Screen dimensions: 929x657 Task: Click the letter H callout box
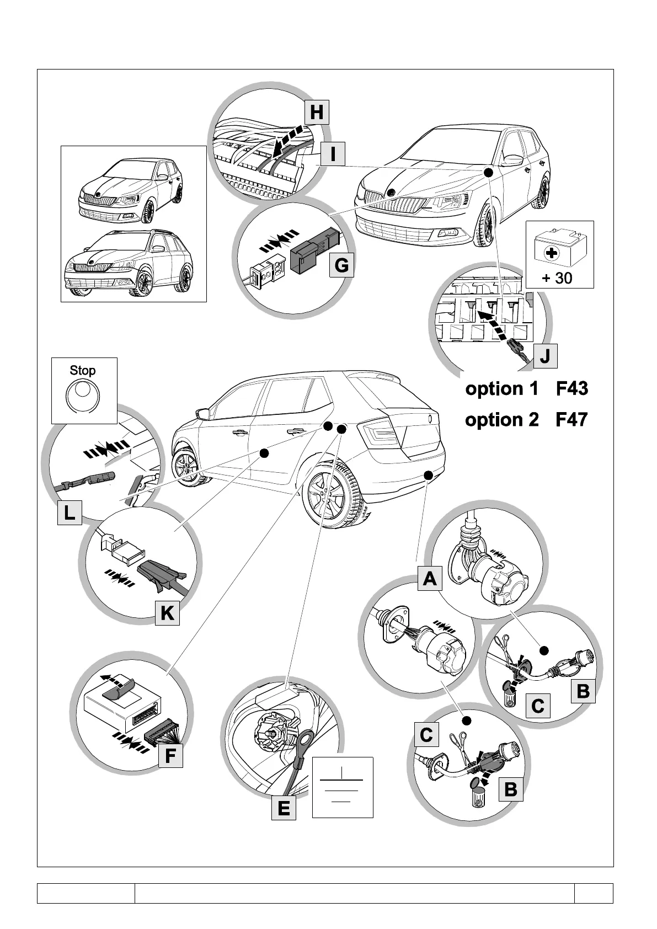(x=317, y=112)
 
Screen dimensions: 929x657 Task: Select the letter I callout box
(x=333, y=155)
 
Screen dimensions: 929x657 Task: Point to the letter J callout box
(x=544, y=356)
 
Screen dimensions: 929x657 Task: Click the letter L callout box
(x=70, y=513)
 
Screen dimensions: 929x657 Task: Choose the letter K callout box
(x=168, y=613)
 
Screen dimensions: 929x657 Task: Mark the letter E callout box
(x=284, y=808)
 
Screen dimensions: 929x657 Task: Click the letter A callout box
(x=429, y=579)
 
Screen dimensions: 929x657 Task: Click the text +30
(x=558, y=278)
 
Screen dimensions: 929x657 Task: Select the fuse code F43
(x=571, y=389)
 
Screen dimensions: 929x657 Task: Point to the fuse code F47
(x=571, y=420)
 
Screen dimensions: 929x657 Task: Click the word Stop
(x=83, y=371)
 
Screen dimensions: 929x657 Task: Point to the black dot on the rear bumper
(x=428, y=475)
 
